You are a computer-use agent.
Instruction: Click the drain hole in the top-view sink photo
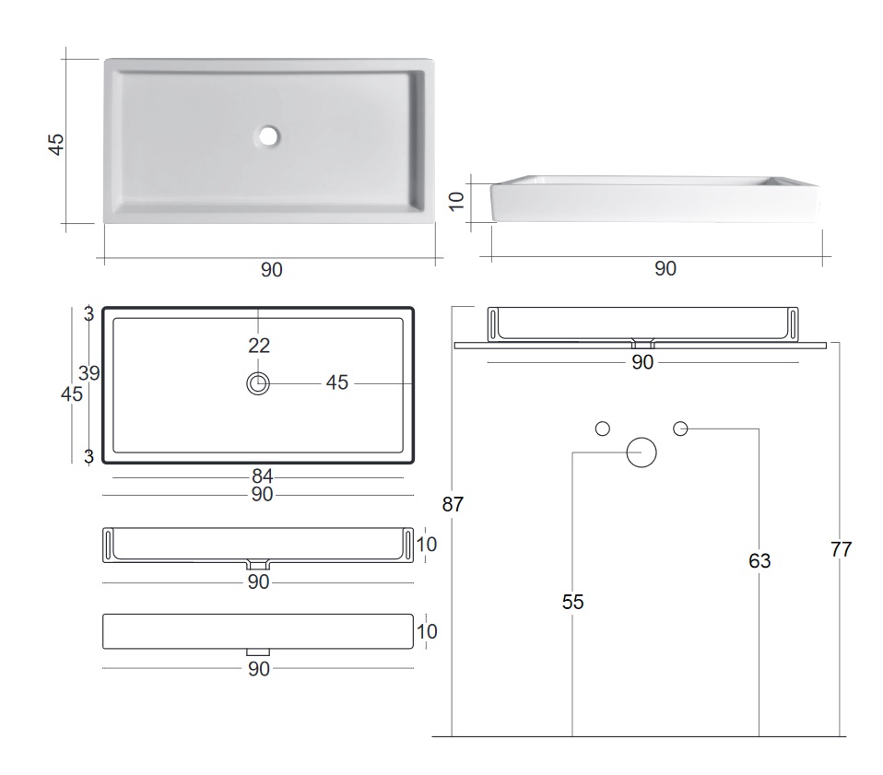tap(268, 135)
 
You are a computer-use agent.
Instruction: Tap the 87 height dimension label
tap(453, 504)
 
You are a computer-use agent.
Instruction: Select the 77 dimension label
tap(841, 549)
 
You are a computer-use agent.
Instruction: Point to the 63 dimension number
tap(759, 560)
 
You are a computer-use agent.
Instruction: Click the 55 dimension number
tap(572, 602)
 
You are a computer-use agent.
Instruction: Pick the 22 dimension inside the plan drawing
tap(259, 345)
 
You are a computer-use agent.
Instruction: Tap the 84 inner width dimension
tap(263, 476)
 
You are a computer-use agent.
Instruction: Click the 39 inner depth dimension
tap(89, 372)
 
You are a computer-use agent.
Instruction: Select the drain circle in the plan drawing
tap(258, 384)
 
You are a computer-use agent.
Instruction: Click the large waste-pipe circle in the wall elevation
tap(642, 452)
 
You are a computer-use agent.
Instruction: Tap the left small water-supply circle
tap(603, 429)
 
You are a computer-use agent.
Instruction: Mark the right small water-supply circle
tap(680, 429)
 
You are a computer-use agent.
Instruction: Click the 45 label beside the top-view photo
tap(56, 144)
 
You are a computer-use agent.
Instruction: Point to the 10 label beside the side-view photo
tap(456, 201)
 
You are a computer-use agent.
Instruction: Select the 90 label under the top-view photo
tap(271, 270)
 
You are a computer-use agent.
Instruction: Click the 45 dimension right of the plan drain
tap(337, 382)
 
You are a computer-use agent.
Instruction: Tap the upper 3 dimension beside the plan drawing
tap(89, 314)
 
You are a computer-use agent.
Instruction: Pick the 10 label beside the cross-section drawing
tap(427, 545)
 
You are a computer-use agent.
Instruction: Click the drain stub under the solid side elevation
tap(258, 652)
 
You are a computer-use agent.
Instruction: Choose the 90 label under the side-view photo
tap(665, 268)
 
